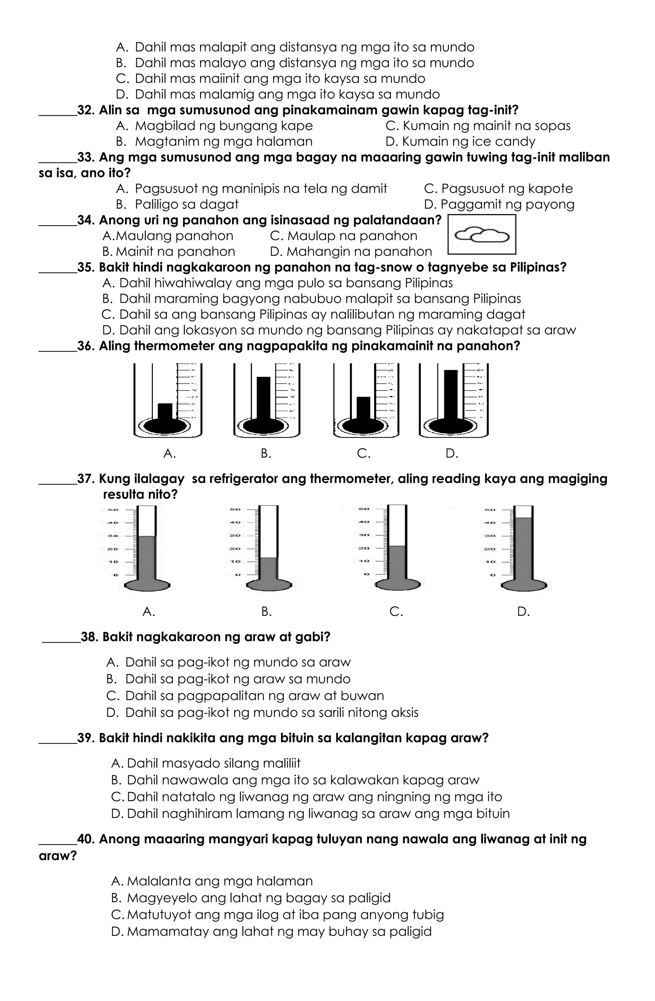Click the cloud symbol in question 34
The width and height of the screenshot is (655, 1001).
tap(482, 235)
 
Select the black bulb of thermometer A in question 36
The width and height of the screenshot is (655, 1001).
tap(165, 426)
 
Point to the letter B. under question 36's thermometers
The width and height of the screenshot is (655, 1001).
tap(266, 454)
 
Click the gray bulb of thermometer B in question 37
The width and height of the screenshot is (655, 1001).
tap(269, 585)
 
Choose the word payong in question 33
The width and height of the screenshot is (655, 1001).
tap(555, 205)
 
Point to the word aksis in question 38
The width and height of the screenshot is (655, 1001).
tap(405, 712)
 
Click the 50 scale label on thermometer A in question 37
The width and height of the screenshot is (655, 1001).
tap(112, 510)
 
